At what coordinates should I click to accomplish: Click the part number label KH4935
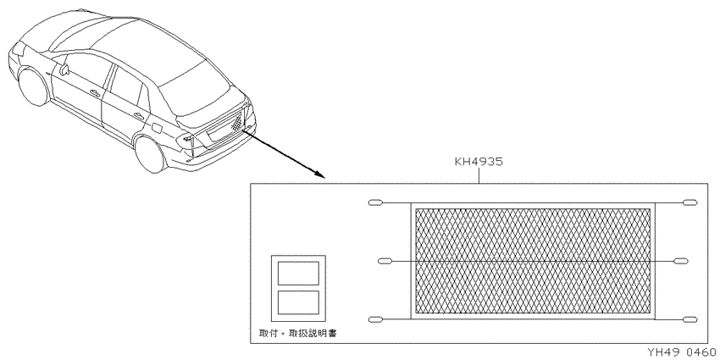click(x=479, y=162)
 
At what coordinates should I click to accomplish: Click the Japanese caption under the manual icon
click(x=297, y=334)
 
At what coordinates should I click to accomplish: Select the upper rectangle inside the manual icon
click(x=298, y=274)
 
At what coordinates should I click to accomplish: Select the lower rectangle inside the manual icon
click(x=298, y=302)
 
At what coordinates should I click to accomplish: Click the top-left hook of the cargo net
click(x=375, y=202)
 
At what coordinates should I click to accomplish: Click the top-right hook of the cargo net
click(x=690, y=202)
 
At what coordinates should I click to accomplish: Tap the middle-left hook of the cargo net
click(x=385, y=261)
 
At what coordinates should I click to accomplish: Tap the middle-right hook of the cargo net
click(x=681, y=261)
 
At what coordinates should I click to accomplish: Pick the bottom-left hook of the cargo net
click(x=375, y=319)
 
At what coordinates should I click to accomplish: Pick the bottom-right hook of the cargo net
click(x=690, y=319)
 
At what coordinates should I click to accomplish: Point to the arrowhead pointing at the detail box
click(x=319, y=174)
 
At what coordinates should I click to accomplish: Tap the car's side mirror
click(x=63, y=69)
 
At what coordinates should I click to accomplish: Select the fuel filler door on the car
click(x=155, y=127)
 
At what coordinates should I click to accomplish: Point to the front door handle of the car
click(x=95, y=93)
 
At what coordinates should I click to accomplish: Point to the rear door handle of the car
click(x=138, y=115)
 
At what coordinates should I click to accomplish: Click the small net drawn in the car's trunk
click(x=236, y=122)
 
